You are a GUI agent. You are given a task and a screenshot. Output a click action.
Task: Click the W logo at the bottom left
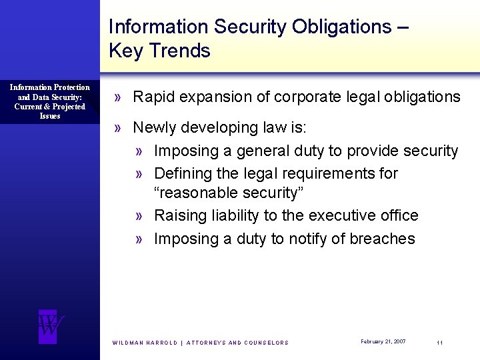point(49,326)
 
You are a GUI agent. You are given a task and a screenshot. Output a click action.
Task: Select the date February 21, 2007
point(383,341)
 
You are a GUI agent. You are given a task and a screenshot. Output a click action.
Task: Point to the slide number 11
point(439,342)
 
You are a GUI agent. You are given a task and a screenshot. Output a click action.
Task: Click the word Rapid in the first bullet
point(152,97)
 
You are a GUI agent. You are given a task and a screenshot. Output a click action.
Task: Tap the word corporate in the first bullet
point(289,97)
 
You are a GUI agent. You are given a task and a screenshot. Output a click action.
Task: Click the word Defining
point(181,173)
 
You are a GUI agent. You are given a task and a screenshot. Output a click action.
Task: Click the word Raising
point(178,215)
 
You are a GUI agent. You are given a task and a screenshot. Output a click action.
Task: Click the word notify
point(309,239)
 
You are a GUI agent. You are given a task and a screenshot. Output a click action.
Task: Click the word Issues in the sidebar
point(50,116)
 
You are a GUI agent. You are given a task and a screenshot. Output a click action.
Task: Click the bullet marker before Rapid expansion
point(117,97)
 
